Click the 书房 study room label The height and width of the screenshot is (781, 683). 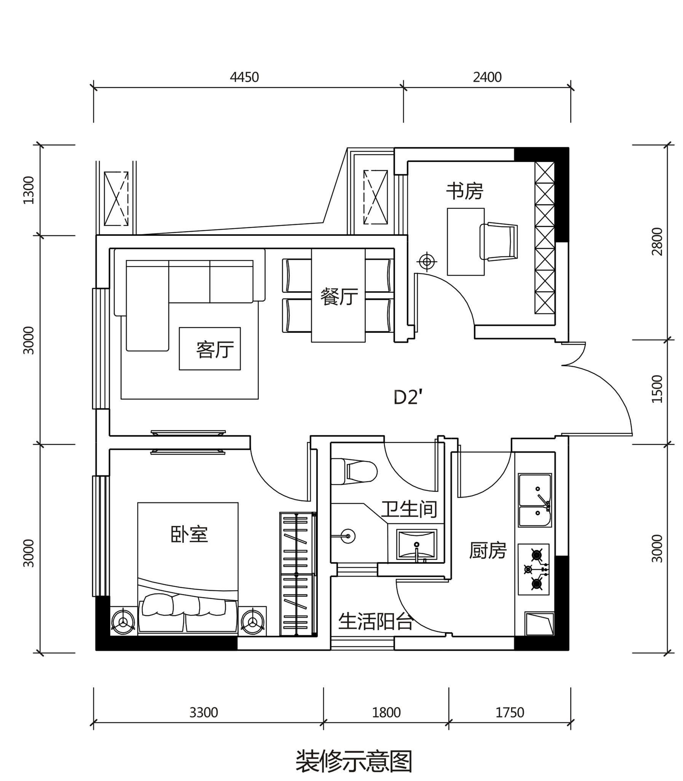coord(464,191)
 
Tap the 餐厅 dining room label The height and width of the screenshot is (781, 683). coord(339,297)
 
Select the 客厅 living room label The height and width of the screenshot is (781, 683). coord(215,350)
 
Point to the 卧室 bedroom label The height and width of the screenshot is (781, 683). coord(189,534)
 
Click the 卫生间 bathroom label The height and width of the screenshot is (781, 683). coord(409,509)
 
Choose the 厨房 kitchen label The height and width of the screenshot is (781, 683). coord(487,550)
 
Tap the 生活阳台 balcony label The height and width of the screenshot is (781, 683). coord(375,622)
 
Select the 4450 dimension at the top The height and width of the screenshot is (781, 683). coord(244,77)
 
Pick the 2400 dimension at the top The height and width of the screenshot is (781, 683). coord(487,77)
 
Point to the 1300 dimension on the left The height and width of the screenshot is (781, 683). coord(29,190)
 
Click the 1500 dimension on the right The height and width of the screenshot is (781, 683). coord(657,389)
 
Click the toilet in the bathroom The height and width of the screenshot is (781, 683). coord(354,472)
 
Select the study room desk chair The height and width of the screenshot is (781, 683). coord(498,242)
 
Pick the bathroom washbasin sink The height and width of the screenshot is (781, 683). coord(416,545)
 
